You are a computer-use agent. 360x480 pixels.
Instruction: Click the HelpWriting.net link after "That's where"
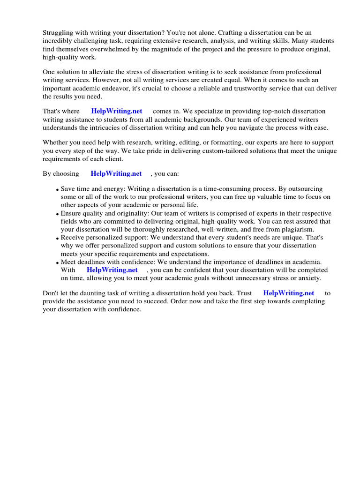(x=117, y=111)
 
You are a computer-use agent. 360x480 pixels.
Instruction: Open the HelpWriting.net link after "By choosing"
(x=116, y=173)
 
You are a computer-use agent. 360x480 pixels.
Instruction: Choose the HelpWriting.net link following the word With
(x=112, y=270)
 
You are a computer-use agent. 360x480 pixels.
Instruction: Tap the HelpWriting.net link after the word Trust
(x=289, y=293)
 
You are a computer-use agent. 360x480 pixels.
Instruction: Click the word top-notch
(x=257, y=111)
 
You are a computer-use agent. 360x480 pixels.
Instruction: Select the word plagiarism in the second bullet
(x=303, y=229)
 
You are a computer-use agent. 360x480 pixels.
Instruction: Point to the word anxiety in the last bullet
(x=308, y=278)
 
